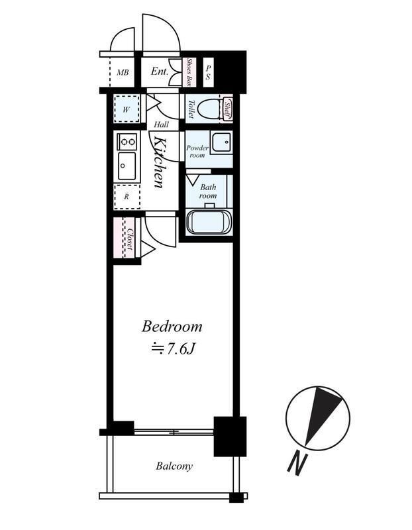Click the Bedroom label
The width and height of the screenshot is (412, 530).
[172, 327]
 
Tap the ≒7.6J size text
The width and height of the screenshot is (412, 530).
[173, 349]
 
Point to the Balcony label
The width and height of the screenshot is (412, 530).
[174, 466]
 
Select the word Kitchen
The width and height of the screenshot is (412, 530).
[159, 162]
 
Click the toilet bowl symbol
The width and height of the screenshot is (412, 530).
[208, 109]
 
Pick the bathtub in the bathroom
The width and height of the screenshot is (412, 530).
[209, 222]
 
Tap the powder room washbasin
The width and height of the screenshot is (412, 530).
[221, 142]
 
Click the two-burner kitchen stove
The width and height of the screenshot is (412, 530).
[127, 142]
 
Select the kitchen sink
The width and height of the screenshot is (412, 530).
[127, 167]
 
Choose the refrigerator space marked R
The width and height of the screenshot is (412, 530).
[127, 196]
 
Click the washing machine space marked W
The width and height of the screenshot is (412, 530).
[127, 109]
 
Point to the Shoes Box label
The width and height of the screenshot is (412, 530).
[191, 72]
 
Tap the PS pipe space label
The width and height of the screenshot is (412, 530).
[208, 72]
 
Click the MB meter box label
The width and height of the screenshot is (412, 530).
[123, 72]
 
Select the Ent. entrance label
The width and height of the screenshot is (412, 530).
[159, 72]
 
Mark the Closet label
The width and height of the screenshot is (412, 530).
[130, 240]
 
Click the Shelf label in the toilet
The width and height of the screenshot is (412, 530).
[227, 109]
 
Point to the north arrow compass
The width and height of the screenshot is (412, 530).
[318, 418]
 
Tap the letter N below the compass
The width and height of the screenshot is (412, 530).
[297, 464]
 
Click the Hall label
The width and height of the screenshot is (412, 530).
[161, 125]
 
